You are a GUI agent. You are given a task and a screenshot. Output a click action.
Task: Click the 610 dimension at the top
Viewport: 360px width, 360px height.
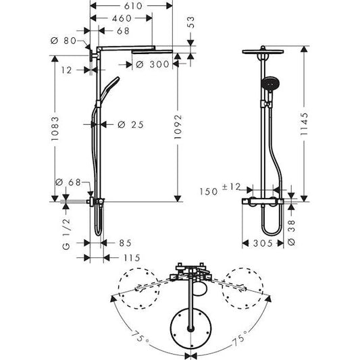pyautogui.click(x=121, y=5)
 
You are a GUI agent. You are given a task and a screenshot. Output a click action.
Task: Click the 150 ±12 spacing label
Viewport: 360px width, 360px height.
pyautogui.click(x=220, y=191)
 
